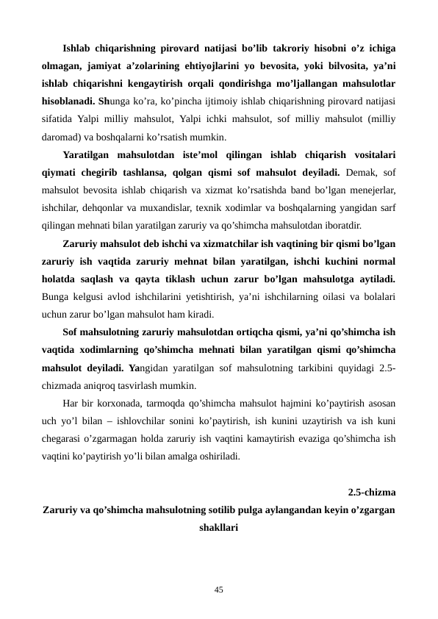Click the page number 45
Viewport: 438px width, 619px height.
[219, 589]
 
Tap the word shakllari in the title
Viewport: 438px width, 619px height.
[218, 527]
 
